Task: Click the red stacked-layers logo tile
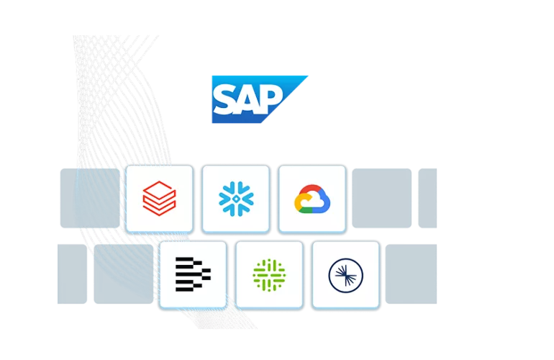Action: tap(159, 199)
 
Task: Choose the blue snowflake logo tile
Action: tap(235, 199)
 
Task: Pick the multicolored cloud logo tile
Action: tap(312, 199)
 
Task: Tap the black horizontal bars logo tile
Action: tap(193, 275)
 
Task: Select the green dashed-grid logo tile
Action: tap(269, 275)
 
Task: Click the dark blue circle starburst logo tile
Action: tap(345, 275)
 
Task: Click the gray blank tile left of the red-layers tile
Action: tap(90, 199)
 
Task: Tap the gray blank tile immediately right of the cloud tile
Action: tap(381, 199)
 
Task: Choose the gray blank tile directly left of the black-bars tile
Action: tap(123, 274)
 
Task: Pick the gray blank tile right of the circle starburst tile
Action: tap(411, 274)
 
